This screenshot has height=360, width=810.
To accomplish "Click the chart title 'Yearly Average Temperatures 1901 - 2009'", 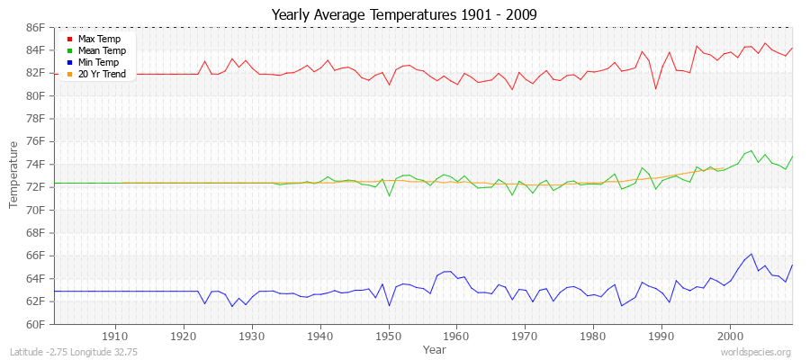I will pyautogui.click(x=404, y=14).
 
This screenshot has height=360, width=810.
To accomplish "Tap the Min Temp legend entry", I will pyautogui.click(x=98, y=62).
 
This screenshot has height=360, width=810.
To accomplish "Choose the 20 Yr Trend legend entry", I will pyautogui.click(x=101, y=74).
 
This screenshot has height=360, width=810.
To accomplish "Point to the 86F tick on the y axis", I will pyautogui.click(x=34, y=28).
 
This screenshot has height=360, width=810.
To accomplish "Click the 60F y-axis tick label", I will pyautogui.click(x=34, y=324).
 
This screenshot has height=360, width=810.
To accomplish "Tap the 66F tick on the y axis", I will pyautogui.click(x=34, y=256).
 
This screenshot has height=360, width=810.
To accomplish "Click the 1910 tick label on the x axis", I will pyautogui.click(x=115, y=336).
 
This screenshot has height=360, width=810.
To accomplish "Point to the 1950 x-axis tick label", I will pyautogui.click(x=388, y=336).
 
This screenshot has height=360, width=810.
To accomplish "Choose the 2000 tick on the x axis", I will pyautogui.click(x=730, y=336).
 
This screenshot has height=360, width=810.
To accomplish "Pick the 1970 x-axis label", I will pyautogui.click(x=525, y=336).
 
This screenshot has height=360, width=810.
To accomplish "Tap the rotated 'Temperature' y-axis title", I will pyautogui.click(x=14, y=175).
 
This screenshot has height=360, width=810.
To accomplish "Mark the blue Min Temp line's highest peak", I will pyautogui.click(x=751, y=254).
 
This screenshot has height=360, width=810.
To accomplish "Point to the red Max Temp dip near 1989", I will pyautogui.click(x=655, y=88).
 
